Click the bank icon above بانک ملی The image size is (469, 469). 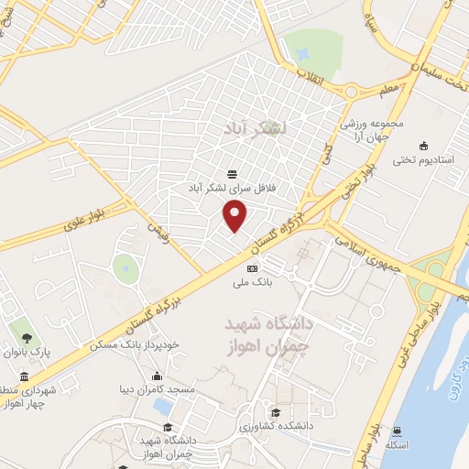coord(252,267)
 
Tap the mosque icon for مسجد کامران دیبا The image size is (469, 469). coord(158,376)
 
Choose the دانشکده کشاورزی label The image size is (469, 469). coord(272,427)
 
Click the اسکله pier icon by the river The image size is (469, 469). coord(396,431)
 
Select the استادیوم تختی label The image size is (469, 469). coord(423,159)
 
